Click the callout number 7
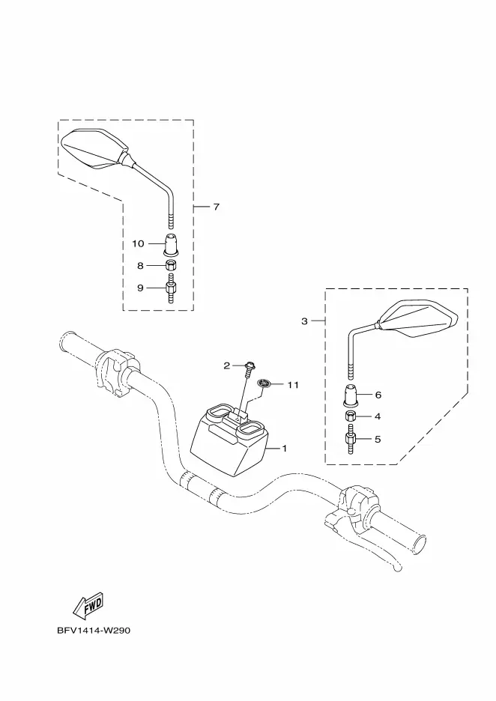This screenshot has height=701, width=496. [x=216, y=207]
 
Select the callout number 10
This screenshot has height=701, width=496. [x=138, y=243]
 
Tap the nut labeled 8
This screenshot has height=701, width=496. [x=170, y=265]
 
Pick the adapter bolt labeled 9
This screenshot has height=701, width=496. [x=170, y=291]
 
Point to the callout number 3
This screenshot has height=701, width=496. [x=305, y=321]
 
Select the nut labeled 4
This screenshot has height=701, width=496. [x=350, y=416]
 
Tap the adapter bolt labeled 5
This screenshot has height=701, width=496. [x=350, y=440]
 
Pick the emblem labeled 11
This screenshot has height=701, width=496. [x=264, y=383]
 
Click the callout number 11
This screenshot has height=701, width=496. [x=292, y=385]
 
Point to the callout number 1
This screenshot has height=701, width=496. [x=285, y=449]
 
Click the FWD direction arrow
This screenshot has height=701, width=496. [x=88, y=605]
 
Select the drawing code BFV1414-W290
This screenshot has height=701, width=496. [x=94, y=631]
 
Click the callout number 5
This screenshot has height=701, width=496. [x=378, y=440]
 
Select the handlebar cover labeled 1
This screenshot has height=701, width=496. [x=229, y=439]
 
